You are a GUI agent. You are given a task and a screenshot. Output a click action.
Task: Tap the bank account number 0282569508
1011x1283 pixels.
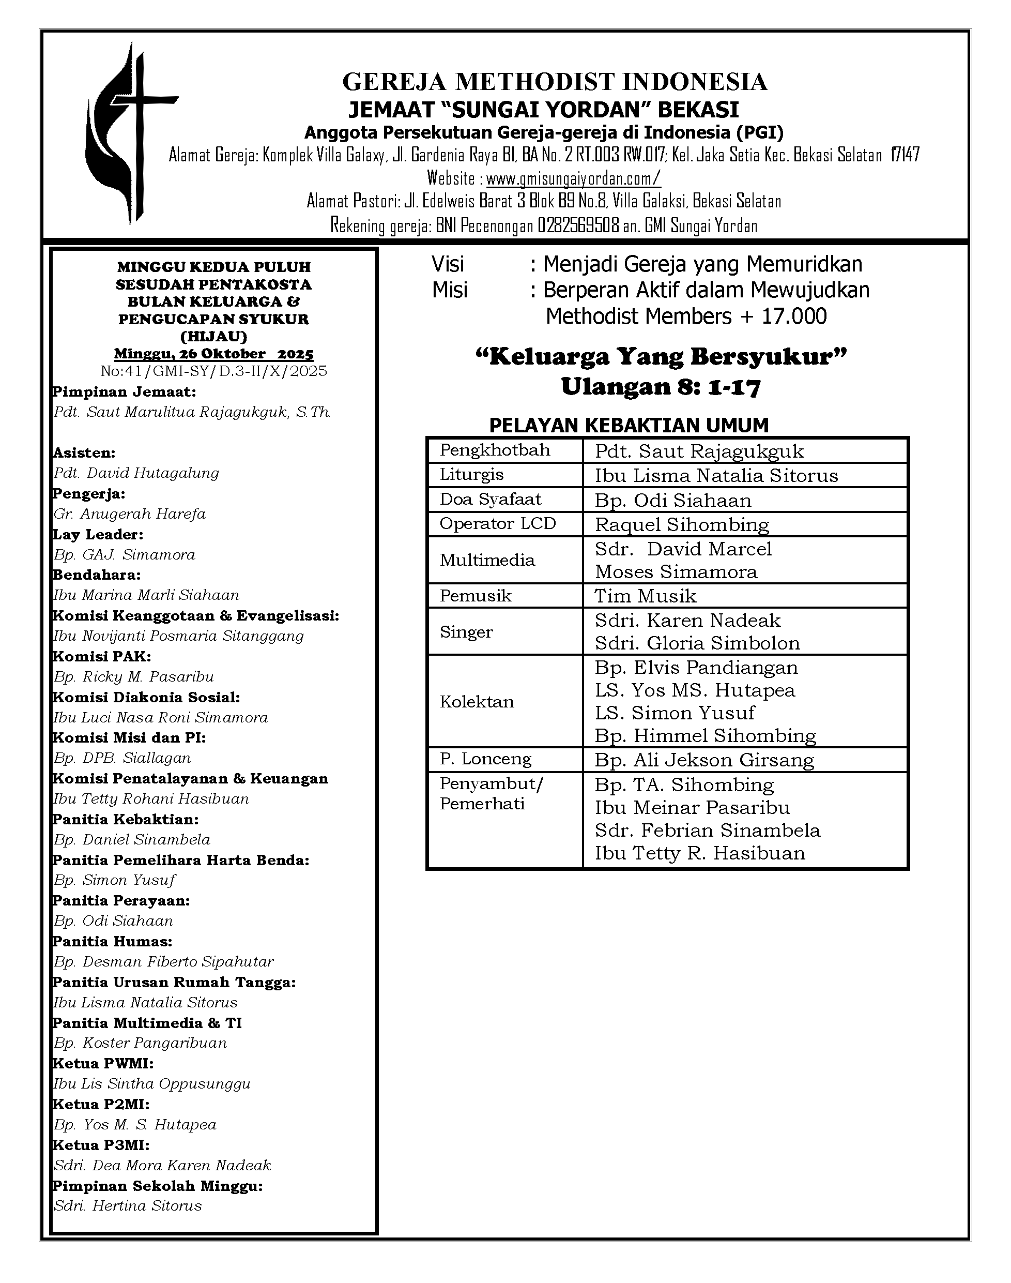[578, 226]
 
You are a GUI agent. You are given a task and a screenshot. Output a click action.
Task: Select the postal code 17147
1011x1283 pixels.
[905, 155]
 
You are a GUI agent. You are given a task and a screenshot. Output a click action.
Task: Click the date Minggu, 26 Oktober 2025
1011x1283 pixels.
[213, 354]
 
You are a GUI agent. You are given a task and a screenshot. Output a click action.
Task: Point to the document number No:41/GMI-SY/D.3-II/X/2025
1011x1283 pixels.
[213, 371]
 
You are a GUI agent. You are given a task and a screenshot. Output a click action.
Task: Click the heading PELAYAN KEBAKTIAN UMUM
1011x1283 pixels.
[629, 425]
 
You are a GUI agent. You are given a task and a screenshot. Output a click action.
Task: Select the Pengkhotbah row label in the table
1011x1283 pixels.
[495, 450]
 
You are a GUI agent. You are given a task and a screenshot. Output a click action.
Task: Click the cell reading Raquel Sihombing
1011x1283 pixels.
[682, 524]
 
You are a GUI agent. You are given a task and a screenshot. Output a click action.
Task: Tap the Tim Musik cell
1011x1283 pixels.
[646, 596]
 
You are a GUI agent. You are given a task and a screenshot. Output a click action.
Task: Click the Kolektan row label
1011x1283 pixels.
[477, 702]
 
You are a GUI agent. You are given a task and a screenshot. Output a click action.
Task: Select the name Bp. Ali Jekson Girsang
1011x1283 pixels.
[704, 760]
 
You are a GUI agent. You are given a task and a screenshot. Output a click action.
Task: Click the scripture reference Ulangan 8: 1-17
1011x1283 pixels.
[661, 387]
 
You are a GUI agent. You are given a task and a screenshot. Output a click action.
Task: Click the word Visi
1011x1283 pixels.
[448, 264]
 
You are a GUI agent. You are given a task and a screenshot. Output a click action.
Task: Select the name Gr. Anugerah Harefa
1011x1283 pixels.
[130, 514]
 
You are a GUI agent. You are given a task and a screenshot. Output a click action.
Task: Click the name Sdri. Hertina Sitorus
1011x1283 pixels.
[128, 1206]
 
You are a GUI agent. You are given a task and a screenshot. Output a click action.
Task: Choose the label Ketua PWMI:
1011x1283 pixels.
[103, 1063]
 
